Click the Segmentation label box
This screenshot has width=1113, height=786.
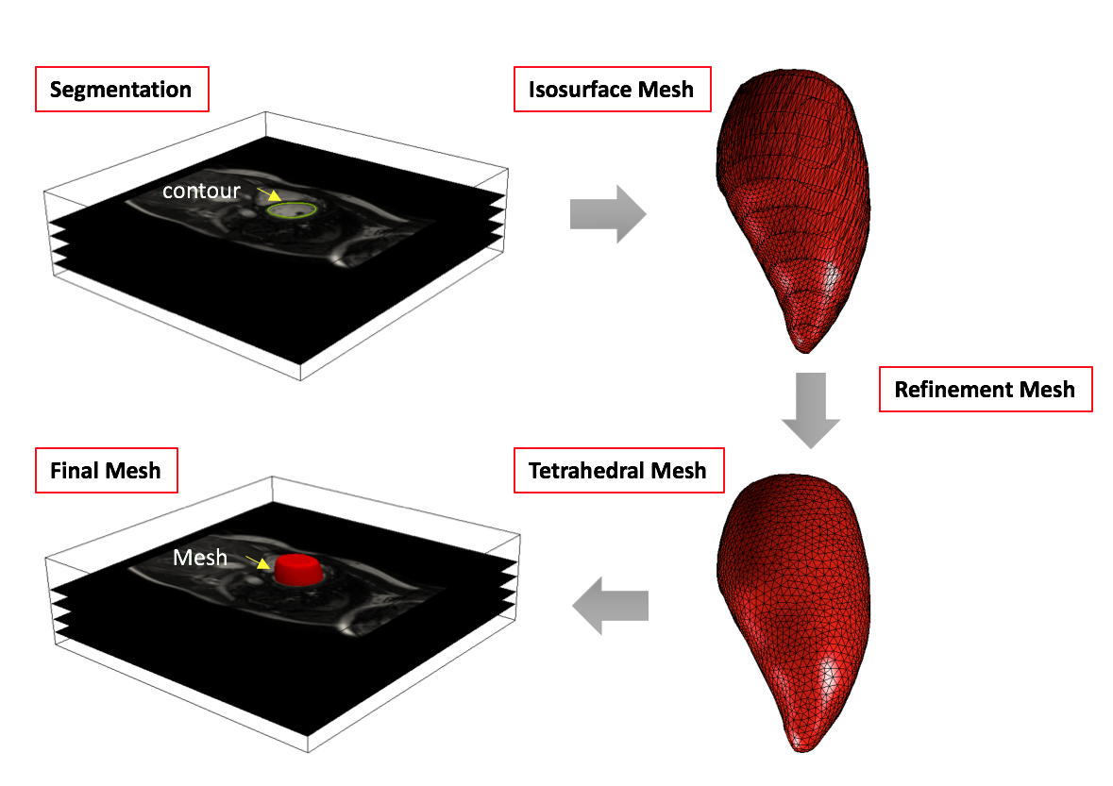[x=121, y=91]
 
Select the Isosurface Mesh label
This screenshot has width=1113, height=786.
[x=611, y=90]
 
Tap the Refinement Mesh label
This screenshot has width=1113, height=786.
[x=984, y=389]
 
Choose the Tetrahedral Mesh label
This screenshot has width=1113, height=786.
[x=617, y=470]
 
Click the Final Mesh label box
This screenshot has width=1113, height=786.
[x=106, y=469]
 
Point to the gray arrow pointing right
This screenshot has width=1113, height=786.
[x=608, y=214]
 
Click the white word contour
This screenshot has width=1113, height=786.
[x=201, y=191]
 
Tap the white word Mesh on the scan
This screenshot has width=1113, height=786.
[x=199, y=558]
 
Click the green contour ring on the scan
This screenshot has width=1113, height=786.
[x=291, y=211]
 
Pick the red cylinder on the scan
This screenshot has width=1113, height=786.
[x=296, y=569]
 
